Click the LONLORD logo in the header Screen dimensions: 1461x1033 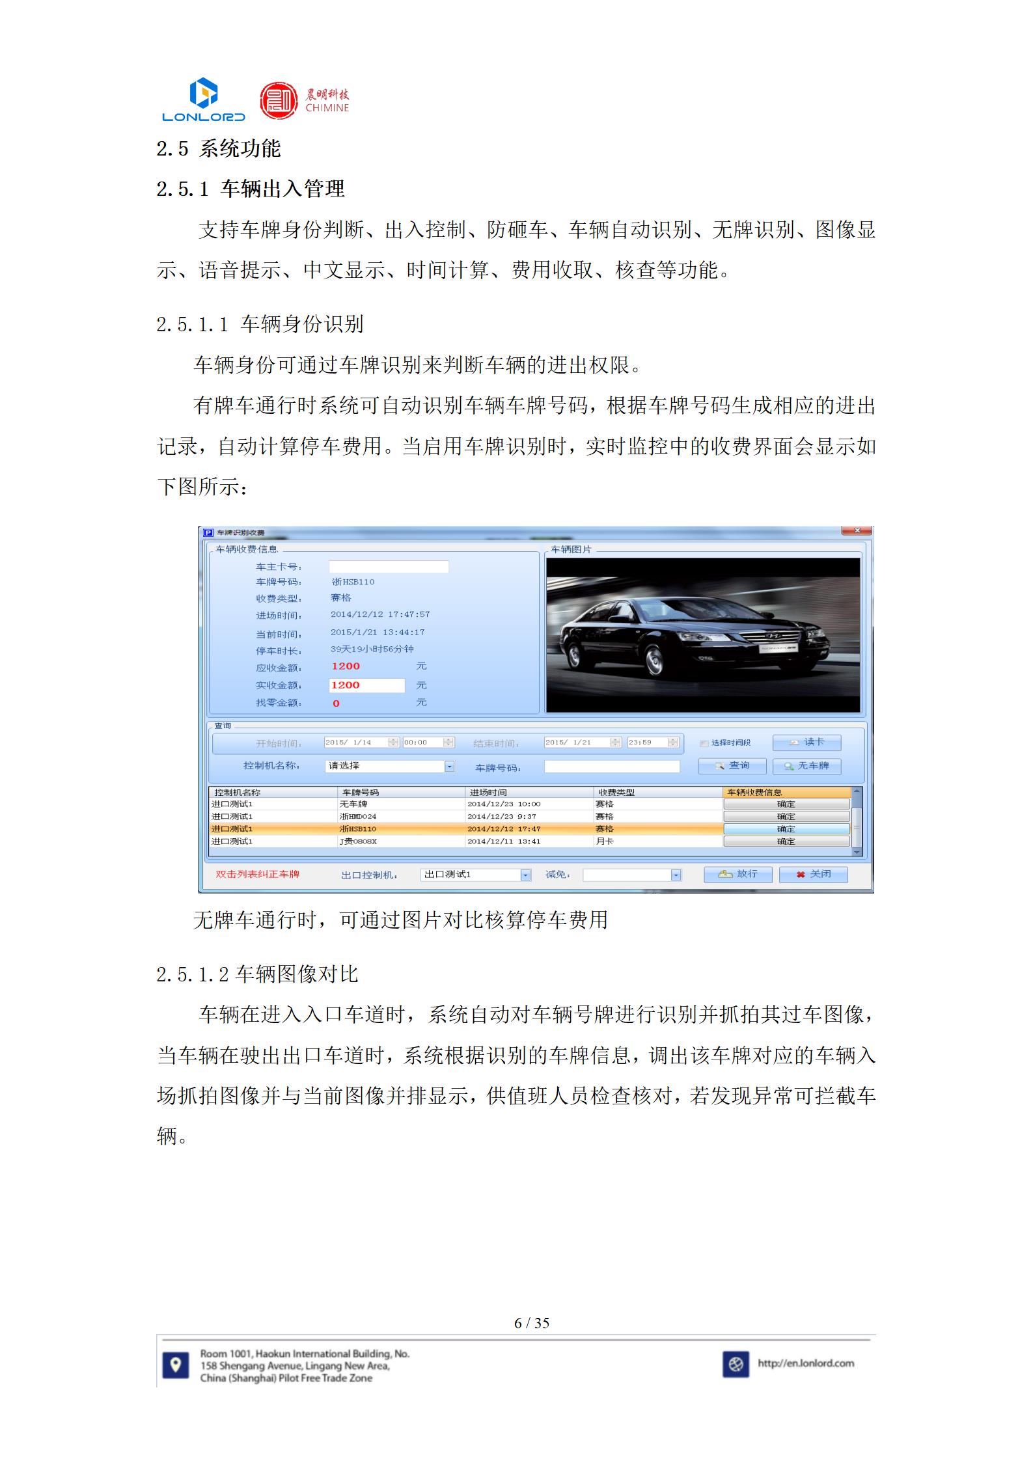point(203,100)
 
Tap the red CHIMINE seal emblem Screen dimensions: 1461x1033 point(279,100)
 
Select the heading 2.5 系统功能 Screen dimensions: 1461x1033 point(218,148)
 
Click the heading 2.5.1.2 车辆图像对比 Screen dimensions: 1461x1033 point(257,974)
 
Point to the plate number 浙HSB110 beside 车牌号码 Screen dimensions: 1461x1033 point(353,582)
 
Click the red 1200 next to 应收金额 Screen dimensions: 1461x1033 point(346,666)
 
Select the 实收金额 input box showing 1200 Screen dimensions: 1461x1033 point(366,685)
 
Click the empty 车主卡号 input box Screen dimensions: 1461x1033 point(389,567)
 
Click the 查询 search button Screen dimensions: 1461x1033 point(732,766)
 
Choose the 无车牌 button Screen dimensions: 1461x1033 point(807,766)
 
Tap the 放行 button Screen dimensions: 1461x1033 point(738,874)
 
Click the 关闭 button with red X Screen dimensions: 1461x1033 point(814,874)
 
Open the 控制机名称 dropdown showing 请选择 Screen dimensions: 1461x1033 point(389,766)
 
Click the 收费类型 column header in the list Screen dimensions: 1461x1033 point(616,792)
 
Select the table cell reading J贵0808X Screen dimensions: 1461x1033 point(358,841)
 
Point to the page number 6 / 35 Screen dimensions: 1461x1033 point(532,1323)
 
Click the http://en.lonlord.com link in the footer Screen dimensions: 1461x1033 point(806,1363)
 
